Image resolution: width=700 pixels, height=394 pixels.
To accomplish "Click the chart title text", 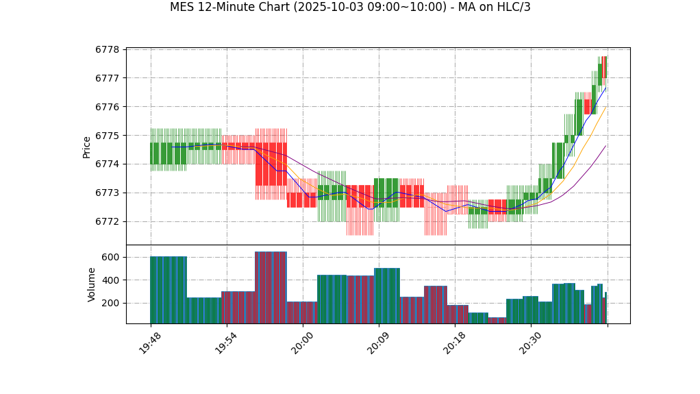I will coord(350,8).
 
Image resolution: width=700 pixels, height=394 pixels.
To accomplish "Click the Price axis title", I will coord(87,147).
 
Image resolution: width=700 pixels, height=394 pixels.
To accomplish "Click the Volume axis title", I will coord(92,284).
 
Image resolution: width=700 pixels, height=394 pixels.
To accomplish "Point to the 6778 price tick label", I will coord(108,49).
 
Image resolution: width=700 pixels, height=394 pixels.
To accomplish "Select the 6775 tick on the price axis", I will coord(108,136).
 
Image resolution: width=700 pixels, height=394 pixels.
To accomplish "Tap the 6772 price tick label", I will coord(108,221).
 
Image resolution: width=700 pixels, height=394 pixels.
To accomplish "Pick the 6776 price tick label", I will coord(108,107).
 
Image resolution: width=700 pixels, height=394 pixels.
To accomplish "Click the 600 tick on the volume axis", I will coord(111,257).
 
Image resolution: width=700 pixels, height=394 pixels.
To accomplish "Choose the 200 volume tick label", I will coord(111,303).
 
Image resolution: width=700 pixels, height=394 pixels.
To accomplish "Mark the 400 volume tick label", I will coord(111,280).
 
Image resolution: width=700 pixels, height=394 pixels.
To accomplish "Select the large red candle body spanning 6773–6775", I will coord(271,164).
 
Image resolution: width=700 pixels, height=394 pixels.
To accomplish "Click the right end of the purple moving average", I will coord(605,145).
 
